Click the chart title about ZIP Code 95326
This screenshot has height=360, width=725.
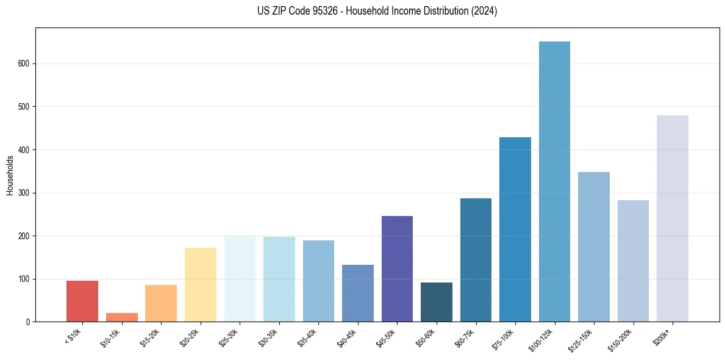tap(362, 11)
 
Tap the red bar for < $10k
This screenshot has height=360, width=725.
tap(82, 301)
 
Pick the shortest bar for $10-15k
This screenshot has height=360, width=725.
tap(121, 317)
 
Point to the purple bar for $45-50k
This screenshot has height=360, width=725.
tap(397, 268)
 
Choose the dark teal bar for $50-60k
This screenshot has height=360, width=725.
tap(436, 302)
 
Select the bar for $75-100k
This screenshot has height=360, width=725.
tap(515, 229)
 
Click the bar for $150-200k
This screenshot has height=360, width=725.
tap(633, 261)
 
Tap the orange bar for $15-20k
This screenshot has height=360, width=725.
tap(161, 303)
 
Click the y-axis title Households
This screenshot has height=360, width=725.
tap(10, 175)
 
